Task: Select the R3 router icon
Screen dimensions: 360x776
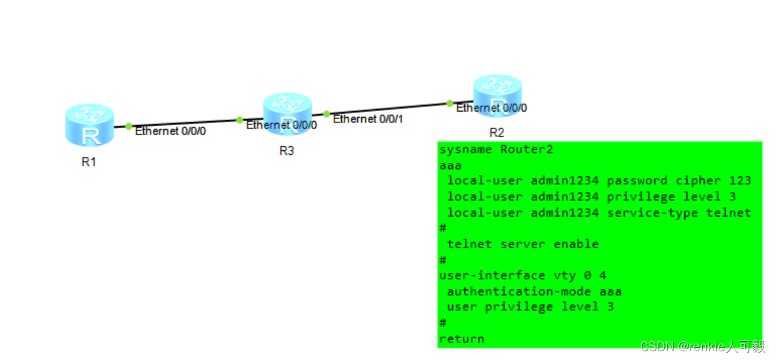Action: click(287, 114)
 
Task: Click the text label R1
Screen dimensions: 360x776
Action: click(89, 161)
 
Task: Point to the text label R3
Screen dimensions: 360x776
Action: click(287, 151)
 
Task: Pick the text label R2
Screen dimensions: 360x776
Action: click(497, 132)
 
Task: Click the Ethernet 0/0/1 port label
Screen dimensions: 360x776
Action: click(368, 119)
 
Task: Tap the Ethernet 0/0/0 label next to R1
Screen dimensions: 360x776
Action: click(170, 131)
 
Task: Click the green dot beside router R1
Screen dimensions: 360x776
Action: click(129, 126)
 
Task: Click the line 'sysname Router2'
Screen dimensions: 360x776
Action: click(496, 149)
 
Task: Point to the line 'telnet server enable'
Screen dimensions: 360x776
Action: click(522, 244)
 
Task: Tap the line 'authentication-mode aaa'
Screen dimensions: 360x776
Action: click(534, 291)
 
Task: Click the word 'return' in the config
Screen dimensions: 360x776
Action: click(462, 339)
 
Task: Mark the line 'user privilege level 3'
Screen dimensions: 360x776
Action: click(530, 307)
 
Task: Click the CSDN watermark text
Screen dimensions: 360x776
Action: click(703, 347)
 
